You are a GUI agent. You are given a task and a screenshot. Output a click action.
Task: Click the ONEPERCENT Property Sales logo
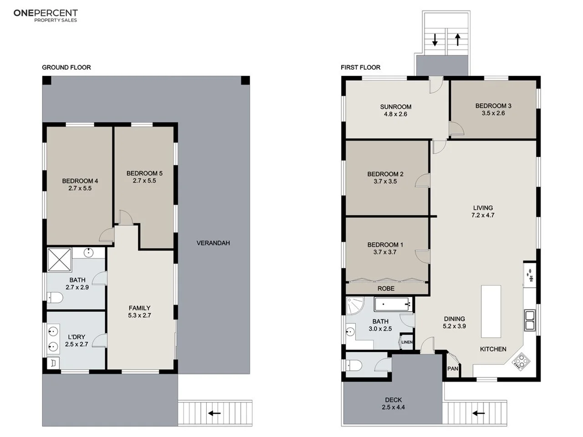pyautogui.click(x=46, y=15)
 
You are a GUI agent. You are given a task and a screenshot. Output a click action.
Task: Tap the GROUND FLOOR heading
pyautogui.click(x=66, y=67)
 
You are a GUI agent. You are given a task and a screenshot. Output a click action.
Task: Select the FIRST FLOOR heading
pyautogui.click(x=360, y=67)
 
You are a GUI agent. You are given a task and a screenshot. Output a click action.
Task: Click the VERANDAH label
pyautogui.click(x=213, y=243)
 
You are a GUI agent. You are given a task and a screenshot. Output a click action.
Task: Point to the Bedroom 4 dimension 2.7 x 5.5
pyautogui.click(x=80, y=188)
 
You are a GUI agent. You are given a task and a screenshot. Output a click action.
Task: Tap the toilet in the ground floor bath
pyautogui.click(x=55, y=298)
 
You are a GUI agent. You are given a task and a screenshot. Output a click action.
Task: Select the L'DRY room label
pyautogui.click(x=77, y=337)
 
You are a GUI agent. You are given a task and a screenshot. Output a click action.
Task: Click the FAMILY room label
pyautogui.click(x=139, y=308)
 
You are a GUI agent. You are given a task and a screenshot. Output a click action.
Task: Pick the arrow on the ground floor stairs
pyautogui.click(x=215, y=413)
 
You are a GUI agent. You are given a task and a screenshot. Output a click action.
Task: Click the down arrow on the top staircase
pyautogui.click(x=435, y=40)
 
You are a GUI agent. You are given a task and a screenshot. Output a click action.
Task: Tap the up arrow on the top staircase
pyautogui.click(x=458, y=40)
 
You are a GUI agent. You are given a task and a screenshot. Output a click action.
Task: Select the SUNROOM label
pyautogui.click(x=396, y=107)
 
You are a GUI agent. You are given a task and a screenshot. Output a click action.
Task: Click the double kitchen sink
pyautogui.click(x=530, y=320)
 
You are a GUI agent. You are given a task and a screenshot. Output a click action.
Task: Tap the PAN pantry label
pyautogui.click(x=453, y=368)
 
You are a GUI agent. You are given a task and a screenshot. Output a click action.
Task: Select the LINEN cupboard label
pyautogui.click(x=407, y=342)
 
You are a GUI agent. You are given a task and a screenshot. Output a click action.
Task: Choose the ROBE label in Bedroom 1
pyautogui.click(x=386, y=289)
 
